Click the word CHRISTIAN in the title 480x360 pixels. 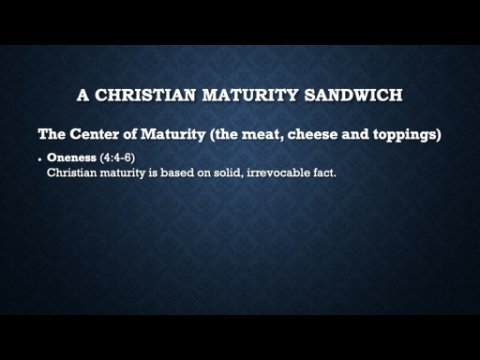[x=145, y=95]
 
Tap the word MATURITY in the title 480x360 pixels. [x=250, y=95]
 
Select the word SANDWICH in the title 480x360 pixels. [x=353, y=95]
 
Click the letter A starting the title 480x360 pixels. [x=83, y=95]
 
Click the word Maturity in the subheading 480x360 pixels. [x=173, y=135]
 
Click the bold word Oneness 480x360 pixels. [x=72, y=157]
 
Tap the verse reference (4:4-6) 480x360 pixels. [x=118, y=158]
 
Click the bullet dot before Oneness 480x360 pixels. [x=40, y=160]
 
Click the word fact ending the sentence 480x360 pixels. [x=324, y=173]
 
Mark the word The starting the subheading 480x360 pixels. [x=52, y=134]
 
